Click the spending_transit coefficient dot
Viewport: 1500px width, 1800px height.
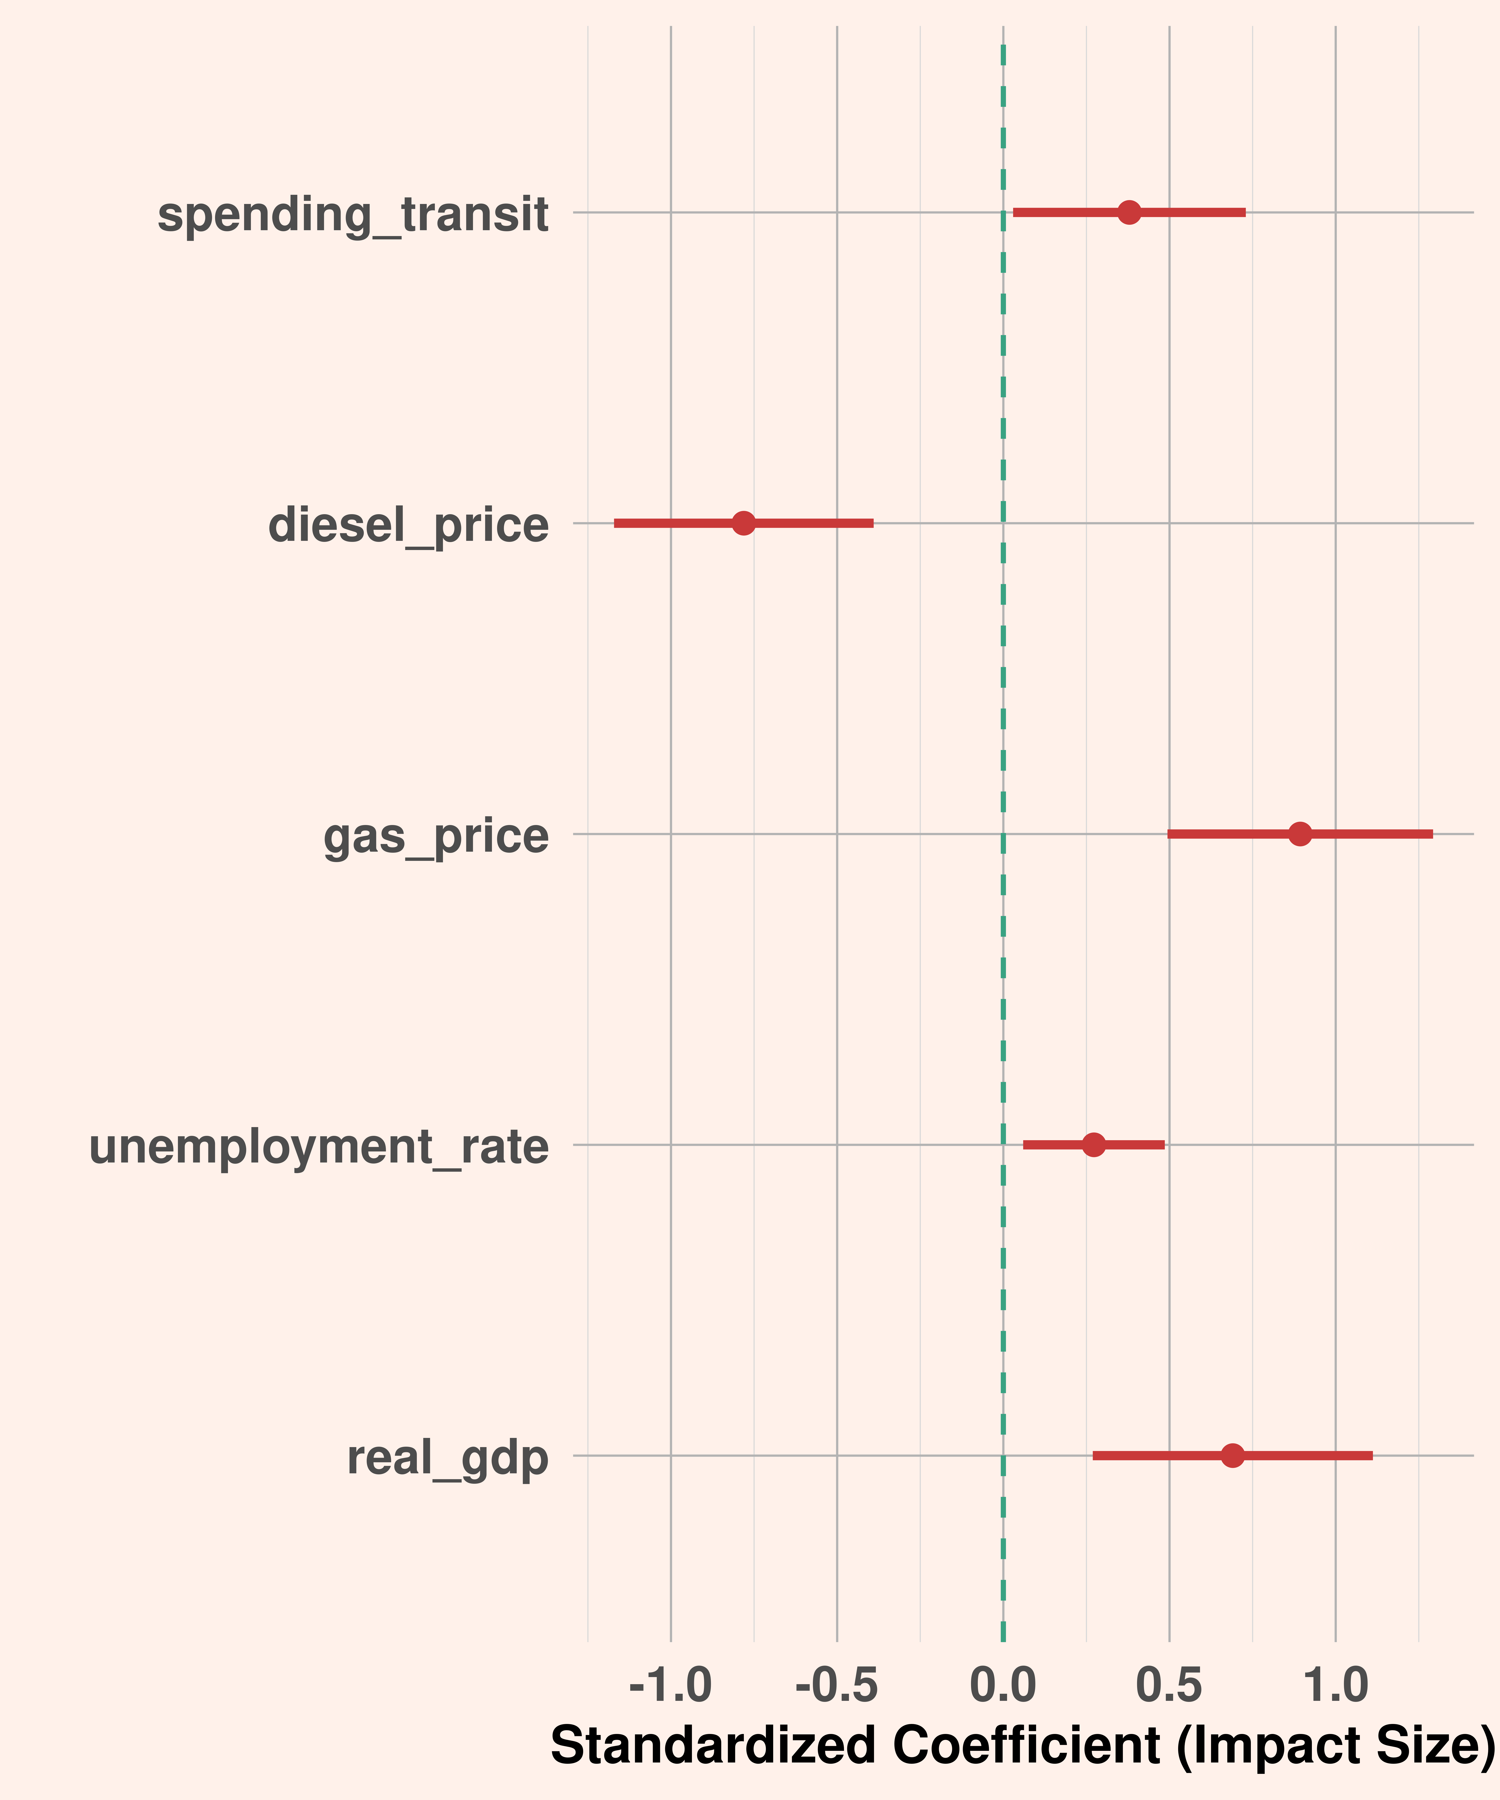pyautogui.click(x=1130, y=212)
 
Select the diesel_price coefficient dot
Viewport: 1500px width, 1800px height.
pyautogui.click(x=744, y=523)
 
